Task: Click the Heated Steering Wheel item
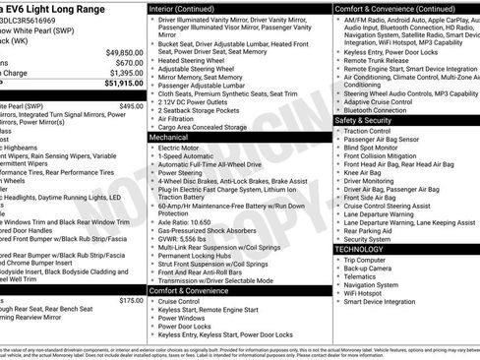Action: click(195, 60)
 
